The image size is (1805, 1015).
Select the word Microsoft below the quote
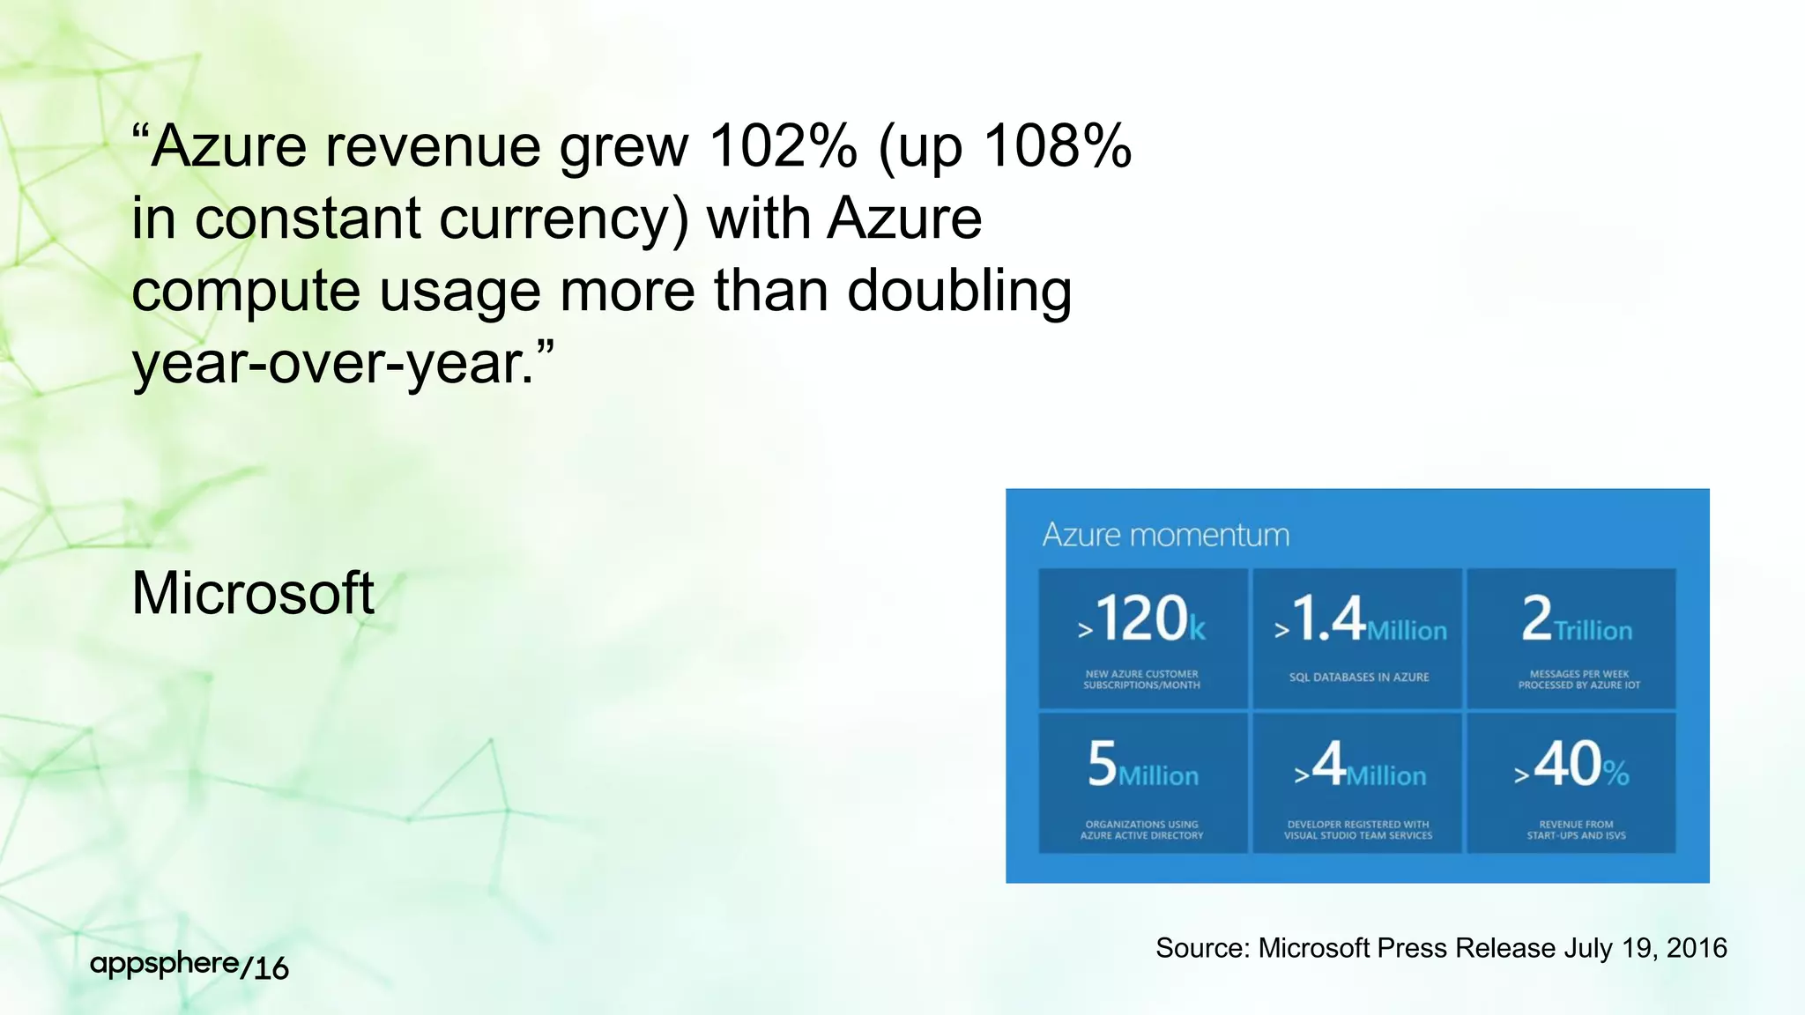[253, 593]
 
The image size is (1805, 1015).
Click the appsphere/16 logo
[189, 966]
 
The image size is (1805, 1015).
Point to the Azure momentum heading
[1165, 535]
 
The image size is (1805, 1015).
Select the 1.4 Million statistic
[1360, 619]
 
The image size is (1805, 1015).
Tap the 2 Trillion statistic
[1577, 619]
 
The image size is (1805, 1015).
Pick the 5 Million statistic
[1142, 765]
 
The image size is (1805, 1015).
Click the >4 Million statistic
[1360, 765]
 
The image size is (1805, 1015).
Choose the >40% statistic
[1572, 765]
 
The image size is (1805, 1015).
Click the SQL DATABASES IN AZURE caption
[1359, 678]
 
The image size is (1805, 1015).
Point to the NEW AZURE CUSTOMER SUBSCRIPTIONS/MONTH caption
[1141, 679]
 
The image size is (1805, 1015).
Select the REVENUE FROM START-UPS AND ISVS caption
[1576, 830]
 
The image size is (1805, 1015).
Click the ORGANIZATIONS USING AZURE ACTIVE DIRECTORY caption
[1141, 830]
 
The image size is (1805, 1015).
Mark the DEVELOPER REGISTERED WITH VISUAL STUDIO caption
[1358, 830]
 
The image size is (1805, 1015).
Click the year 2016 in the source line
[1697, 948]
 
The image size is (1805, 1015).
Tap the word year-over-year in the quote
[333, 363]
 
